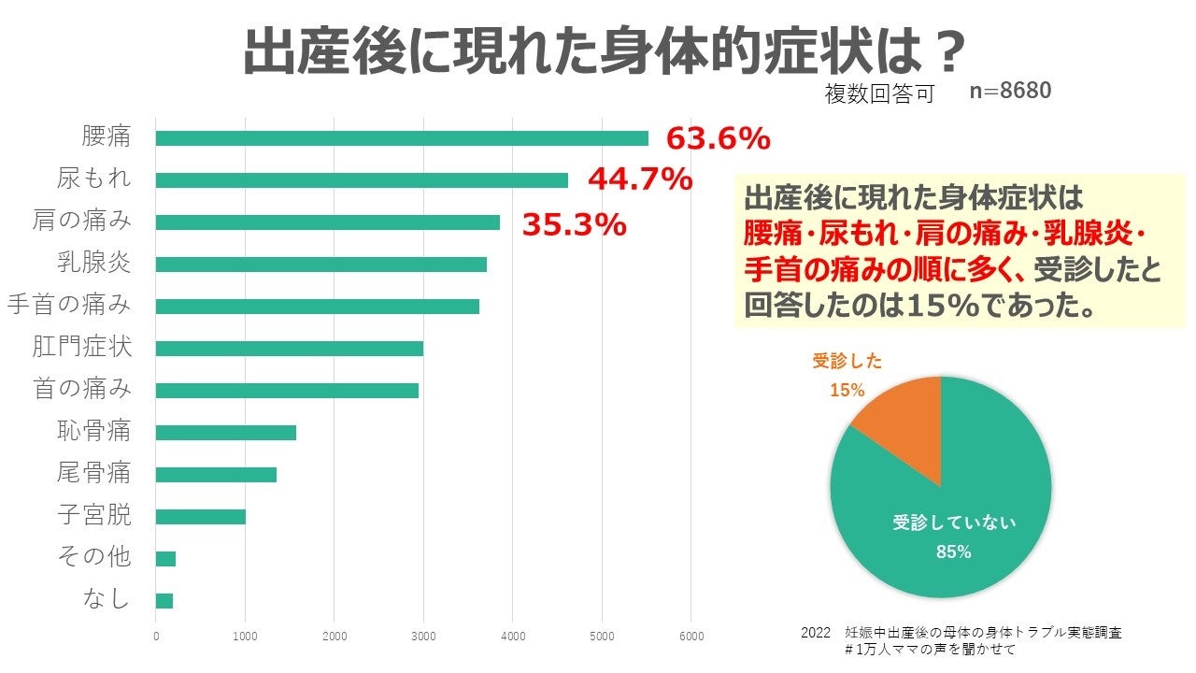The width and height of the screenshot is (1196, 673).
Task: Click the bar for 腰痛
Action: tap(402, 138)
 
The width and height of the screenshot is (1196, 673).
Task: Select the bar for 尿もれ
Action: tap(362, 180)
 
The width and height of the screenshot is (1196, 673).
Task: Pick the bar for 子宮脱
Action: tap(200, 517)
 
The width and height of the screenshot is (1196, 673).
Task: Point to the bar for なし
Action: tap(164, 601)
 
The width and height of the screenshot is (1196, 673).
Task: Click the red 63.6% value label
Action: tap(718, 139)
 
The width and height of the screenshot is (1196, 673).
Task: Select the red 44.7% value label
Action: tap(640, 179)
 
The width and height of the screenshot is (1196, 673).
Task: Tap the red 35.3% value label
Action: tap(574, 224)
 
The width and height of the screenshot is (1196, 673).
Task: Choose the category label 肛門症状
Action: tap(82, 348)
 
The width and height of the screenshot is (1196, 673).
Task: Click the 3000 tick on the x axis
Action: tap(423, 637)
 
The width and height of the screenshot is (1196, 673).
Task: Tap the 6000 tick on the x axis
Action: tap(691, 637)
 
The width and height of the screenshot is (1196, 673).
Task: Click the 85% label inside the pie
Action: tap(954, 552)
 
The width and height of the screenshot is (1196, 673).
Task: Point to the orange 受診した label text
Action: tap(847, 361)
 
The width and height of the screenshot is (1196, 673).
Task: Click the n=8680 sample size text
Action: tap(1011, 91)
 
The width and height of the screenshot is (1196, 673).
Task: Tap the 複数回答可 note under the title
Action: tap(879, 94)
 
